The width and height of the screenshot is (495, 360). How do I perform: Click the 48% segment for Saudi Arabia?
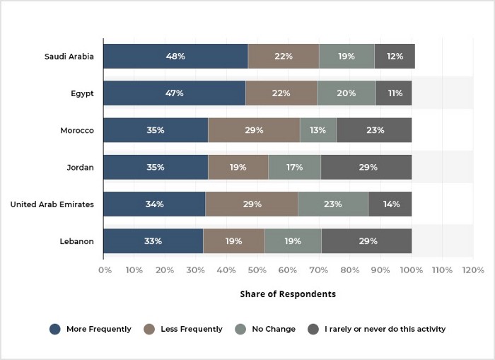176,56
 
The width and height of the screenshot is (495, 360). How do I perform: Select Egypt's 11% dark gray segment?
394,93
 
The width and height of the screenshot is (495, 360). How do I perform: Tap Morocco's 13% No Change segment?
318,130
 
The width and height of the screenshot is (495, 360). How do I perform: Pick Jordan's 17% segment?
295,167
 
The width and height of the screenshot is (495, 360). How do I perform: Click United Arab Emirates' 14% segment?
390,204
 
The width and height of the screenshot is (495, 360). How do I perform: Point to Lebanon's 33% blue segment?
153,241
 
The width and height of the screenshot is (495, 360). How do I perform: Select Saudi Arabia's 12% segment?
395,56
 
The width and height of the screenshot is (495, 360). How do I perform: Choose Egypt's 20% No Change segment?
346,93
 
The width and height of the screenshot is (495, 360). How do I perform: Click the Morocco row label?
77,130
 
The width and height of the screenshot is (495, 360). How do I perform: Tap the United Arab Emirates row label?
52,204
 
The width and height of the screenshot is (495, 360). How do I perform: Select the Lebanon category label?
76,241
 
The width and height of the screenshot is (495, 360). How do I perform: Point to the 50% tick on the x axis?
257,270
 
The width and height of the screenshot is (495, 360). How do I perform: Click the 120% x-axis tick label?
473,270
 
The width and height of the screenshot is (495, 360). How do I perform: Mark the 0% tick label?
105,270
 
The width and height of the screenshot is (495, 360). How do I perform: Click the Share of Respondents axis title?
288,294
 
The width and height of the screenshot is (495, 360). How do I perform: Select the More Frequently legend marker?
55,329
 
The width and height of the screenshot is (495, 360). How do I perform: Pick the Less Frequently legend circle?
149,329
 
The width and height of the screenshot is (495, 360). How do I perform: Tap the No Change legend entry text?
274,329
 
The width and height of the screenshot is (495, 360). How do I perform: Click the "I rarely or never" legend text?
385,329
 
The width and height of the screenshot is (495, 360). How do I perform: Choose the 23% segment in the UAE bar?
333,204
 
